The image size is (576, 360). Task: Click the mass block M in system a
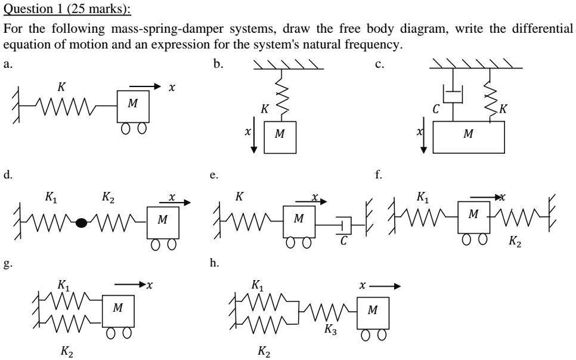(x=133, y=105)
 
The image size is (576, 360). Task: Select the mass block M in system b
(x=280, y=137)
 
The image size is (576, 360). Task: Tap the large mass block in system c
(x=468, y=136)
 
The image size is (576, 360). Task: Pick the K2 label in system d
(x=108, y=197)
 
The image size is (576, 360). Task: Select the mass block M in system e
(x=299, y=221)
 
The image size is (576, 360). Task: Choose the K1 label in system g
(x=63, y=285)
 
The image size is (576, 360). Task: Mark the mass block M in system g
(x=118, y=310)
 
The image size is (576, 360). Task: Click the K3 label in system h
(x=330, y=328)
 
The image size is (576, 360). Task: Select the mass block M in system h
(x=373, y=312)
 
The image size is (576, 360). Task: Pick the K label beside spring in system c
(x=504, y=109)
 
